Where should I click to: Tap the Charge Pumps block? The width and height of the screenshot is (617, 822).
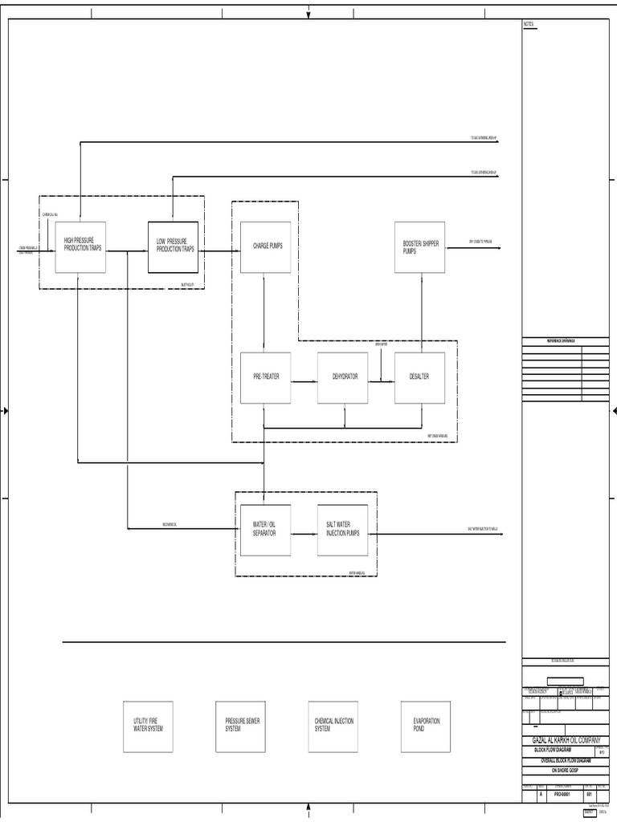click(x=265, y=247)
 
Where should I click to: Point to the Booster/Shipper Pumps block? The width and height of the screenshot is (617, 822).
click(x=419, y=247)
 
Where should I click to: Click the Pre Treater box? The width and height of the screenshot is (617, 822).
click(x=265, y=377)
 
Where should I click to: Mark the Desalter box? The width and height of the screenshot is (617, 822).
click(x=419, y=377)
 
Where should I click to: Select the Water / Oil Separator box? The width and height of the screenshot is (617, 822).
click(x=265, y=530)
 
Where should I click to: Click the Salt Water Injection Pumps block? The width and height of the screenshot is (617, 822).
click(x=342, y=530)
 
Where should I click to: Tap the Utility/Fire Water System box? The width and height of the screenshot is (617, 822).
click(x=148, y=726)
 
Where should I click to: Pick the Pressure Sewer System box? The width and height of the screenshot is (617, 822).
click(x=240, y=726)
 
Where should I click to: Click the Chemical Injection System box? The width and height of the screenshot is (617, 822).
click(x=333, y=726)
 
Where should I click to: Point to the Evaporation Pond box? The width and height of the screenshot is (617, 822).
click(x=426, y=726)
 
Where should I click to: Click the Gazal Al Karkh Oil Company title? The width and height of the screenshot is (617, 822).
click(x=566, y=740)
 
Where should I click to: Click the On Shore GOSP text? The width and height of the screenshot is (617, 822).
click(x=564, y=770)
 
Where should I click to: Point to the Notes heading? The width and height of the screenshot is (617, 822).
click(x=529, y=25)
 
